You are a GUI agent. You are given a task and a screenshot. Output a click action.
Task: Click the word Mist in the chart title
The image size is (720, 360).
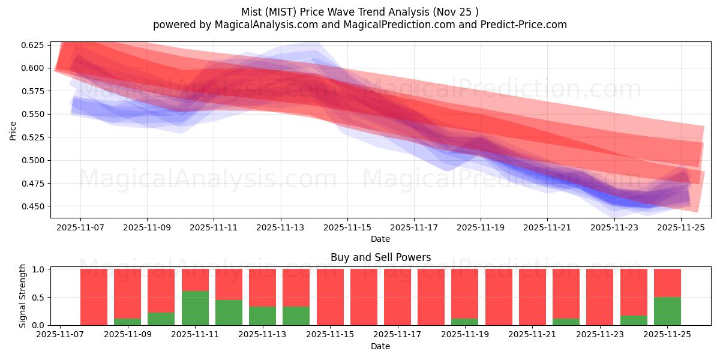(252, 12)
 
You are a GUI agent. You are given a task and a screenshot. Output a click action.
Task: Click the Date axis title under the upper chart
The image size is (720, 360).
(380, 239)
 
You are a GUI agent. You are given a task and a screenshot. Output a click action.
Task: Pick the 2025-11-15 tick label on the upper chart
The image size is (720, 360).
(347, 228)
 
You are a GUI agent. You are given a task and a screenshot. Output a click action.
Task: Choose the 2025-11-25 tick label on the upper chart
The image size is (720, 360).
(680, 228)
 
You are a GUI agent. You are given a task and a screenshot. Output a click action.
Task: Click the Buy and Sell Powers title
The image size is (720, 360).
(380, 257)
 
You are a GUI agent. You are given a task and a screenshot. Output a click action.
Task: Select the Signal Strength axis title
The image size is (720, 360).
(23, 296)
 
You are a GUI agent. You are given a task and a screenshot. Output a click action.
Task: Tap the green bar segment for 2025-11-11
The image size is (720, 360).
(196, 308)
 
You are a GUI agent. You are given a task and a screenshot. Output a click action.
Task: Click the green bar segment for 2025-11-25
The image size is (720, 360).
(667, 311)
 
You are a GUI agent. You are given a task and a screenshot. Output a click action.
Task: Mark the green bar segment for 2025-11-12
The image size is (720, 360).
(229, 313)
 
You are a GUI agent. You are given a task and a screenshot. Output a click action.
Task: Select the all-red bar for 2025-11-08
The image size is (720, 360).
(94, 297)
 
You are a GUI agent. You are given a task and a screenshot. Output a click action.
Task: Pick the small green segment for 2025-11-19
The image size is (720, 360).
(465, 322)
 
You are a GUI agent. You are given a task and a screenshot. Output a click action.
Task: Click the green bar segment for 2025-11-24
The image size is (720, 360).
(634, 320)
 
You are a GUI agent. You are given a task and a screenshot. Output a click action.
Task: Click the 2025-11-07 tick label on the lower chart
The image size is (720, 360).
(60, 335)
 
